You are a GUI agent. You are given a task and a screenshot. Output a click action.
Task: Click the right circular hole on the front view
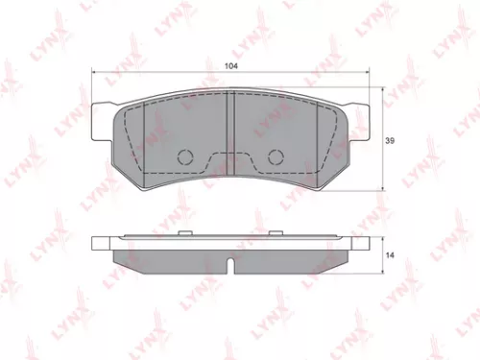pos(275,157)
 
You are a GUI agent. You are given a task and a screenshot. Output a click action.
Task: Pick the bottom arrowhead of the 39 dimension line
pos(385,185)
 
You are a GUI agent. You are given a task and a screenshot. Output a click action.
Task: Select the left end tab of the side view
pos(100,245)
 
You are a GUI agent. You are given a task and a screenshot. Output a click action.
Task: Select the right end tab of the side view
pos(362,245)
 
